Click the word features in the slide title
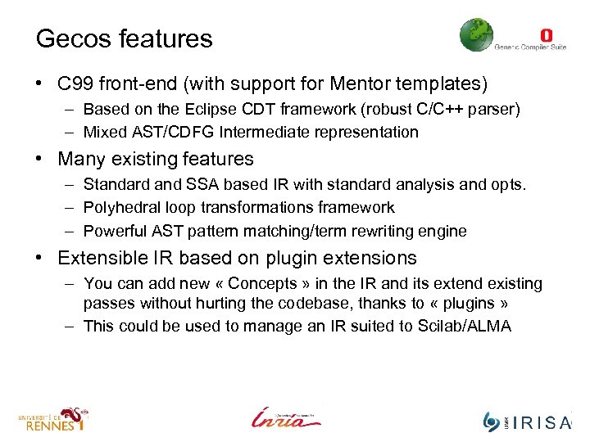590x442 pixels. (163, 38)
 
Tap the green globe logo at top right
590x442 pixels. (476, 35)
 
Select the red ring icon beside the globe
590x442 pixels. (546, 35)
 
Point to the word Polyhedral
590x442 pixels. (122, 208)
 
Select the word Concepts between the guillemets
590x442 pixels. (263, 284)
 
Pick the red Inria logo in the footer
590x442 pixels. (285, 417)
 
